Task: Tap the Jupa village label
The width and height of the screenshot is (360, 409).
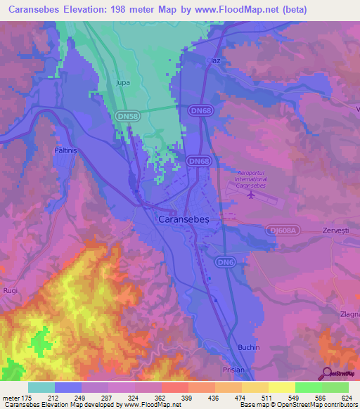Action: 123,83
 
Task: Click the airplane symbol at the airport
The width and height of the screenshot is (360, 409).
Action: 252,195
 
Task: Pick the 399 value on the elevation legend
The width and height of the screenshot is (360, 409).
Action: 187,398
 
